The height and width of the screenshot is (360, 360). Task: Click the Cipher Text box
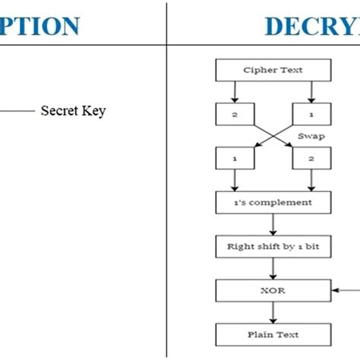point(273,71)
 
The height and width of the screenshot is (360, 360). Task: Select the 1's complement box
point(273,203)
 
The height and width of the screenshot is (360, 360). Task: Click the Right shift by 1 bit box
point(273,246)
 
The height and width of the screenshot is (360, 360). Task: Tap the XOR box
point(273,289)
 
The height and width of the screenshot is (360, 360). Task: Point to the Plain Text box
point(273,333)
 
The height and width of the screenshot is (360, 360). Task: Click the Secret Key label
point(73,112)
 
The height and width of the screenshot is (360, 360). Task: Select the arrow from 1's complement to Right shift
point(273,224)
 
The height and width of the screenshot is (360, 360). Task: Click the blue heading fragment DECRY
point(311,26)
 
